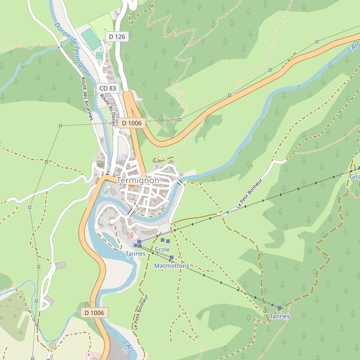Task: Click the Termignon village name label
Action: click(x=138, y=180)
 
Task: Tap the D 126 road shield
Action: click(x=117, y=37)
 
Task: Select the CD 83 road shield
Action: click(x=109, y=88)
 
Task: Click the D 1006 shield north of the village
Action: click(x=131, y=123)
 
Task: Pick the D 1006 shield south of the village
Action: click(x=94, y=313)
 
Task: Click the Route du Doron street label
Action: click(x=109, y=109)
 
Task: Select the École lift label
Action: click(x=163, y=249)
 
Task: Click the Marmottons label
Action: click(x=172, y=265)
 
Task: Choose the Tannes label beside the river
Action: click(x=135, y=254)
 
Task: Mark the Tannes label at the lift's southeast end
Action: click(x=280, y=316)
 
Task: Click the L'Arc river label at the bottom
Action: click(x=128, y=347)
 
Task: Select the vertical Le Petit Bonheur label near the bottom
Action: click(x=137, y=312)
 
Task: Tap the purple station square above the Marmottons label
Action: click(x=172, y=258)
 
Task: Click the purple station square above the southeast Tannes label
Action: click(x=280, y=308)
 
